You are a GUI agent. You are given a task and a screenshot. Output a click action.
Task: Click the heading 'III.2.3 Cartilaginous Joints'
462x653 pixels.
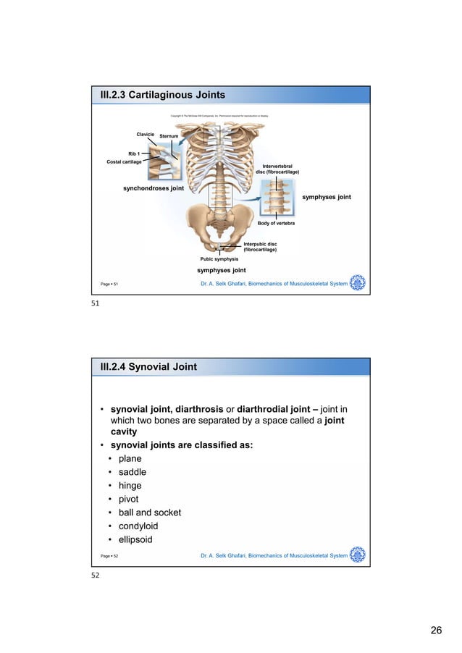[162, 96]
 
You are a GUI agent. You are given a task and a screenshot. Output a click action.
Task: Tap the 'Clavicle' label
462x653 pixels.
[146, 134]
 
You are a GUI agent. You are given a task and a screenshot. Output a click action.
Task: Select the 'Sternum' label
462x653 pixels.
[169, 136]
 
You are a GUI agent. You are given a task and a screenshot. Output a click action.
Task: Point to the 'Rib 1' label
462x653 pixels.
[135, 153]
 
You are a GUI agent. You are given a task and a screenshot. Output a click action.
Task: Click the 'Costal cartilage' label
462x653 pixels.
[124, 161]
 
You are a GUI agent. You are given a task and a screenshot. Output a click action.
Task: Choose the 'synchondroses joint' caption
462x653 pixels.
[153, 188]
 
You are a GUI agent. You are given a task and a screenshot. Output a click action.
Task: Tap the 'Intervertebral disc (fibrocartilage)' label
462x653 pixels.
[277, 169]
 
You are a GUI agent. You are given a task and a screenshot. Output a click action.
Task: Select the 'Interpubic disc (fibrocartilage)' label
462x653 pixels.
[261, 247]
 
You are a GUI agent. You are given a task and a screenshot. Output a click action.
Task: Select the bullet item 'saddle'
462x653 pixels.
[133, 472]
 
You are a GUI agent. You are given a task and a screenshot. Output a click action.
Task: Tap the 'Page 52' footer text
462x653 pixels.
[109, 556]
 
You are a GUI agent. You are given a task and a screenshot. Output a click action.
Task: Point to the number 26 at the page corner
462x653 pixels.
[436, 631]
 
